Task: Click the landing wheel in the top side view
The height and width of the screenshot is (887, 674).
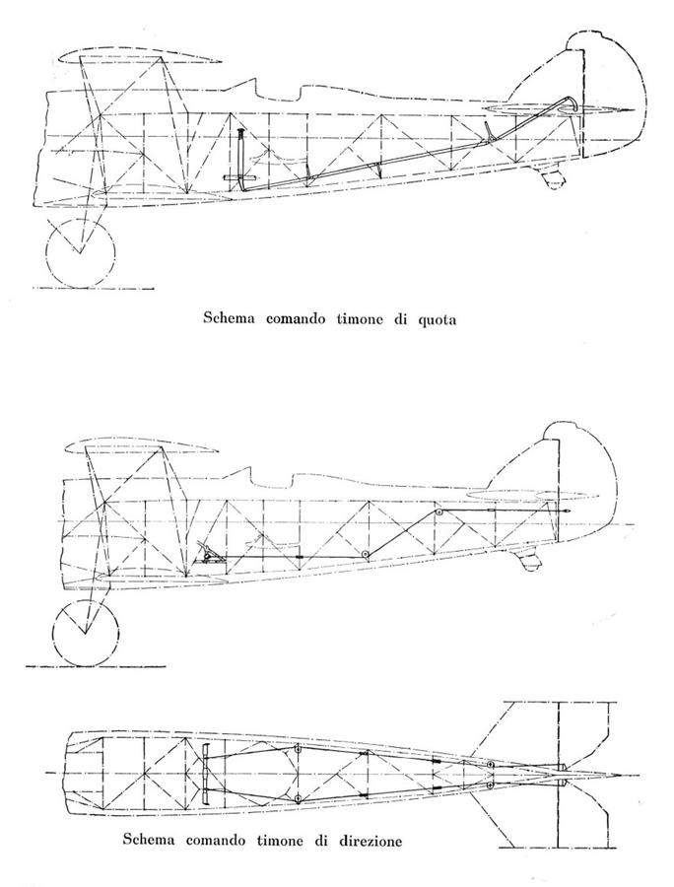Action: click(80, 252)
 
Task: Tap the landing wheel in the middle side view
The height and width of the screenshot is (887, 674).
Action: click(86, 633)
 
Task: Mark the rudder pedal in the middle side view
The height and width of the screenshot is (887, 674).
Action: click(208, 552)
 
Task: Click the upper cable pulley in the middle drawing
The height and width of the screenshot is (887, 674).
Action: click(438, 512)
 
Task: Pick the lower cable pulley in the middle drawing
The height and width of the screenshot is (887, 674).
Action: click(366, 554)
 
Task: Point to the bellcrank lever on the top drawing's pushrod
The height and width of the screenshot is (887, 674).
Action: click(490, 132)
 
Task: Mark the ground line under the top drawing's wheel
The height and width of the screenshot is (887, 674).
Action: click(94, 289)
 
